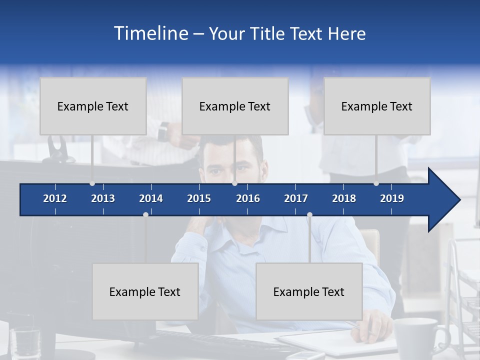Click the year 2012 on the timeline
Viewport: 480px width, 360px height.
[55, 198]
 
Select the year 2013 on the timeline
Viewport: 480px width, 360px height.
[103, 198]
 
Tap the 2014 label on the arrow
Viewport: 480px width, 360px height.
[151, 198]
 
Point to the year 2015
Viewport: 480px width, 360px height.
[199, 198]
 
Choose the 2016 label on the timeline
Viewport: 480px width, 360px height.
[248, 198]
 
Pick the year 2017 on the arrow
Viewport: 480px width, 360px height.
[296, 198]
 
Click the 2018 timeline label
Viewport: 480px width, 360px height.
[344, 198]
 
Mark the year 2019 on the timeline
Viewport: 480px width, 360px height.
[392, 198]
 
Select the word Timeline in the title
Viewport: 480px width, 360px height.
[151, 33]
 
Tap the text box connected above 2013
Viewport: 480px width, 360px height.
[93, 106]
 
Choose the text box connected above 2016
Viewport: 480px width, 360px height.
[235, 106]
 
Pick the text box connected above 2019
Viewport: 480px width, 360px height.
[377, 106]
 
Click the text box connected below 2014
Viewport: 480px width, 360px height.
[145, 291]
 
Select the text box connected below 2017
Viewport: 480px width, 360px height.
[309, 291]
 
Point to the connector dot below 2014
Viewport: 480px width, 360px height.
[145, 214]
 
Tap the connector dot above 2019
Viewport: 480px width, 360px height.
[376, 183]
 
